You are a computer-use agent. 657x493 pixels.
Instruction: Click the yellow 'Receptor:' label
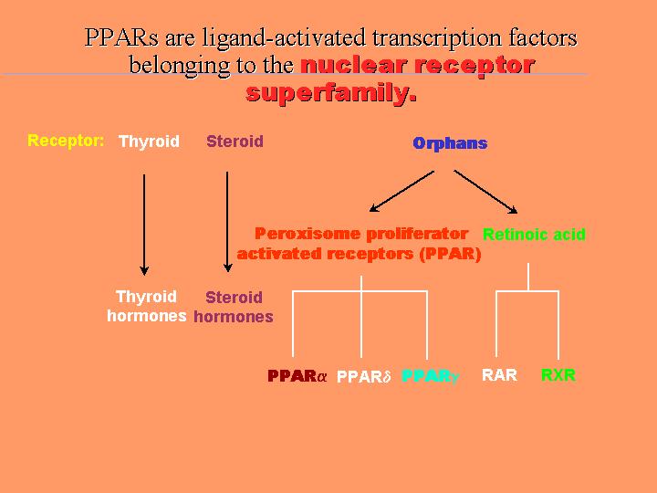click(x=66, y=141)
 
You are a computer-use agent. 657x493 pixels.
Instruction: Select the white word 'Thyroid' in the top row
click(x=149, y=142)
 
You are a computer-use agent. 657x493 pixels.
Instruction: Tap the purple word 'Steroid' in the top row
click(x=235, y=141)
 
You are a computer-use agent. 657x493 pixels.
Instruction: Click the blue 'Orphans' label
click(x=450, y=143)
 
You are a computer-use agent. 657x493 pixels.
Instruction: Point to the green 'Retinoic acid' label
click(x=534, y=234)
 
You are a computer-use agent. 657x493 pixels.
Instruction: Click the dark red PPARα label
click(x=297, y=375)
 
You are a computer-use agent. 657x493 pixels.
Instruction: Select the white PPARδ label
click(x=364, y=376)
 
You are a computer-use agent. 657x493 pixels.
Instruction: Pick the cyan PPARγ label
click(x=431, y=376)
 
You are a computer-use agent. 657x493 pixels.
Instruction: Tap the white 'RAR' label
click(x=499, y=375)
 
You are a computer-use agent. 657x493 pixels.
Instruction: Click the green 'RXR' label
click(x=558, y=375)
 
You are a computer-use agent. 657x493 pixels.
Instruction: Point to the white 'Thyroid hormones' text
click(x=147, y=306)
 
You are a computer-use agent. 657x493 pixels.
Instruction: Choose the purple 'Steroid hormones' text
click(x=234, y=307)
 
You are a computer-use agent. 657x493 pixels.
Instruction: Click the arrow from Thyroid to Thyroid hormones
click(x=144, y=225)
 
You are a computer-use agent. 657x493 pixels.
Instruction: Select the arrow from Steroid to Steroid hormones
click(x=227, y=222)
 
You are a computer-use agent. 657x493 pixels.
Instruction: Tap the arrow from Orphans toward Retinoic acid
click(x=486, y=192)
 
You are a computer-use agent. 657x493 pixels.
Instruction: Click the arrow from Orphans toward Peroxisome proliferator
click(x=401, y=191)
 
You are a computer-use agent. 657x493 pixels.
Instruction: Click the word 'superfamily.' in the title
click(x=331, y=93)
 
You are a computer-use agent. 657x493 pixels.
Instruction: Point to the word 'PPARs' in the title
click(x=121, y=37)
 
